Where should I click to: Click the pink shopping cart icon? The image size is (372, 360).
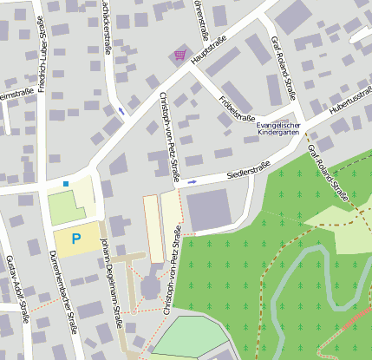[x=179, y=55]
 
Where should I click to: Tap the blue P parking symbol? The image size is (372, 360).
[x=76, y=238]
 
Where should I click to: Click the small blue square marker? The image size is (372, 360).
[x=66, y=183]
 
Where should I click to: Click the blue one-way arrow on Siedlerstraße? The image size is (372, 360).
[x=192, y=182]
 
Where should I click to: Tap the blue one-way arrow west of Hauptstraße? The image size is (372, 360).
[x=121, y=111]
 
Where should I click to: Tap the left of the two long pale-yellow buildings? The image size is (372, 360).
[x=153, y=227]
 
